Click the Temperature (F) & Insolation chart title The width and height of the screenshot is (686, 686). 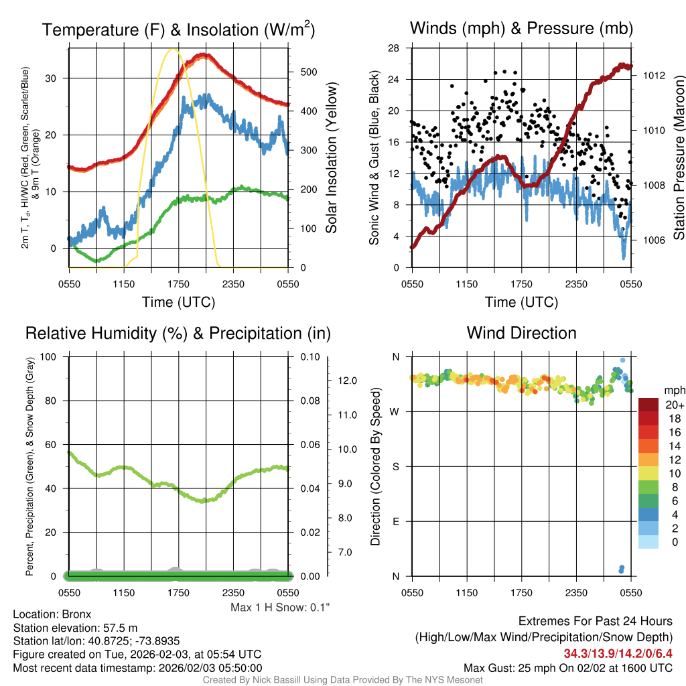178,29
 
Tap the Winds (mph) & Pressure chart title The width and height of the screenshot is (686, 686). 521,28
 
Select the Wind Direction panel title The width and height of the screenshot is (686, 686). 521,332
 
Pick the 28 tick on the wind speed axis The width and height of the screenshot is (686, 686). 394,48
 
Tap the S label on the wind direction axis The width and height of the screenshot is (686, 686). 396,466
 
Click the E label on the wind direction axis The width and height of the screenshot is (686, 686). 396,521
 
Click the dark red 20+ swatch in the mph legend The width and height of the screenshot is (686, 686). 649,405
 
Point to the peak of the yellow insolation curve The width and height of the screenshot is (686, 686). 174,49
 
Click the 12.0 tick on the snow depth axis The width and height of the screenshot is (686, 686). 346,381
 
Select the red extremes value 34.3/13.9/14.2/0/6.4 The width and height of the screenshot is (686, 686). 618,653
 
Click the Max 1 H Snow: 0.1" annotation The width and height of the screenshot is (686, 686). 280,607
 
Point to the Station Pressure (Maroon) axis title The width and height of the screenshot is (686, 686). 678,157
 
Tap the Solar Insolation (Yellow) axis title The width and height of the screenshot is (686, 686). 332,157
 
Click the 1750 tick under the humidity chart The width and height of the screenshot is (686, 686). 179,592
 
